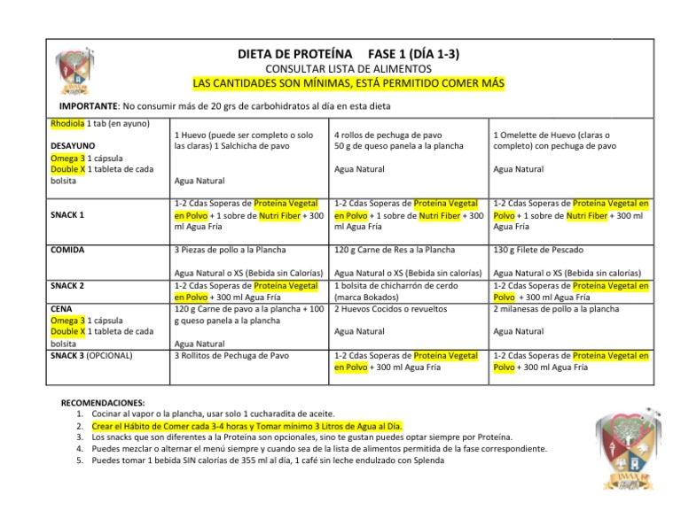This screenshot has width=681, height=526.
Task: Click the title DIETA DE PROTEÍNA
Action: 295,54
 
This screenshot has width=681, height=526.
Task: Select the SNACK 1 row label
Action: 69,214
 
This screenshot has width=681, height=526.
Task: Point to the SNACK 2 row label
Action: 69,285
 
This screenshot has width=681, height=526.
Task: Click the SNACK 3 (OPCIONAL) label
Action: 92,355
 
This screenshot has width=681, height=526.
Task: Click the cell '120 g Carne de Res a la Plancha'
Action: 395,250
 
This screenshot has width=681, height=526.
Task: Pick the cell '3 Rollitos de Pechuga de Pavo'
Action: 232,355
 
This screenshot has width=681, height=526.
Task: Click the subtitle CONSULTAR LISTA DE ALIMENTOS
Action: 348,68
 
